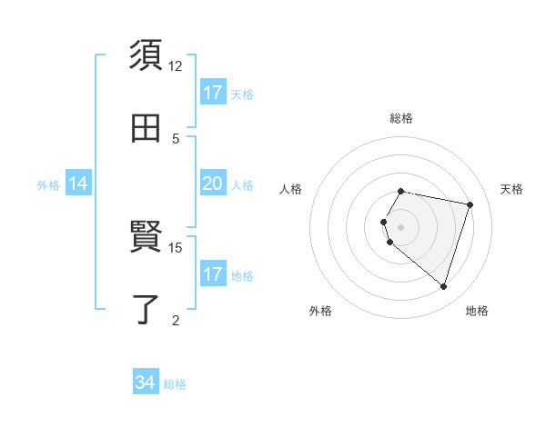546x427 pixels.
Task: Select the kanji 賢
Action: (x=146, y=238)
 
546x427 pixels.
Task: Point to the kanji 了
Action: (x=146, y=309)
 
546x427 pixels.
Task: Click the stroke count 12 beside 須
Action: (x=176, y=66)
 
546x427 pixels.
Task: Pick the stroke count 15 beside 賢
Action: (x=176, y=247)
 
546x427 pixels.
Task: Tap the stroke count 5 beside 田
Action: (x=176, y=138)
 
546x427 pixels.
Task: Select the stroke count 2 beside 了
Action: (x=176, y=319)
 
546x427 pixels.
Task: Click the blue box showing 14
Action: (x=78, y=184)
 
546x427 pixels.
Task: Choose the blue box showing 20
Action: (x=212, y=184)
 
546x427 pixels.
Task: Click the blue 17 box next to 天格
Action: (x=212, y=93)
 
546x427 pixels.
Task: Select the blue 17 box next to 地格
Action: (x=212, y=274)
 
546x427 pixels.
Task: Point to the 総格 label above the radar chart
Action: (x=401, y=118)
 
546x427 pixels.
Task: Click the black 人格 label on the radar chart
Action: (x=291, y=189)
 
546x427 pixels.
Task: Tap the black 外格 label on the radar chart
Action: (x=319, y=311)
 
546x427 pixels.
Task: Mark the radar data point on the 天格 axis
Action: (x=470, y=204)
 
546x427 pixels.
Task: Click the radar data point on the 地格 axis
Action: (x=443, y=286)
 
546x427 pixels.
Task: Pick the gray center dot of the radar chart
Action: (x=401, y=226)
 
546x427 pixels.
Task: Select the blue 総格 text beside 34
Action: (x=175, y=384)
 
